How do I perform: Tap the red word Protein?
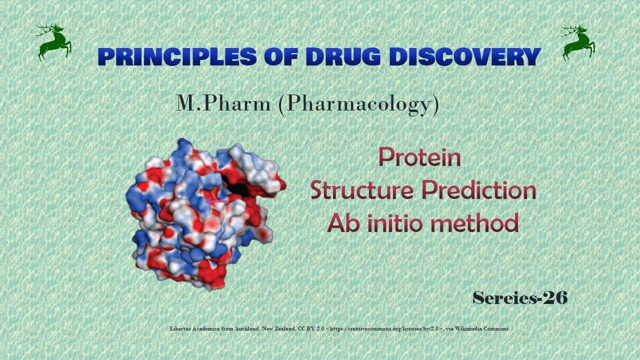[x=419, y=158]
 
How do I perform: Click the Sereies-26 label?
[x=520, y=298]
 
